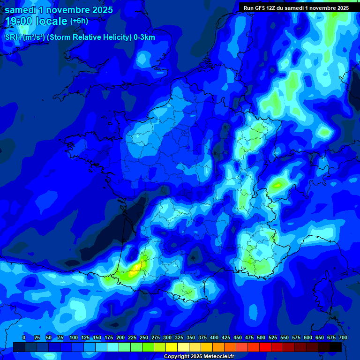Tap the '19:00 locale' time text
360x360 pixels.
point(36,21)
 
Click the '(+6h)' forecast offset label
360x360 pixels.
point(79,21)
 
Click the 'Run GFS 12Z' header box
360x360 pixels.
point(296,7)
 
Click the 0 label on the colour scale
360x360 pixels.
point(24,337)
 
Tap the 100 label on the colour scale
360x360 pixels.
point(73,337)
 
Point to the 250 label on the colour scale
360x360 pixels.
point(144,337)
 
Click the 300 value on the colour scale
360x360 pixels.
point(167,337)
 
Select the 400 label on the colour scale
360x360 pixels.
point(214,337)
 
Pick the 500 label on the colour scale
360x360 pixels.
point(261,337)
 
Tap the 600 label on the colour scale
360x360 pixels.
point(308,337)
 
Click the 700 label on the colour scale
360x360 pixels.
point(343,337)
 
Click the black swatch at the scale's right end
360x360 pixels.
point(336,347)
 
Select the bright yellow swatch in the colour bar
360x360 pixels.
point(172,347)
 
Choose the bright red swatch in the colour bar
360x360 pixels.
point(265,347)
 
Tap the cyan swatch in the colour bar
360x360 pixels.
point(113,347)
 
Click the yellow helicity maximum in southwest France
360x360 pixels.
point(136,268)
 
